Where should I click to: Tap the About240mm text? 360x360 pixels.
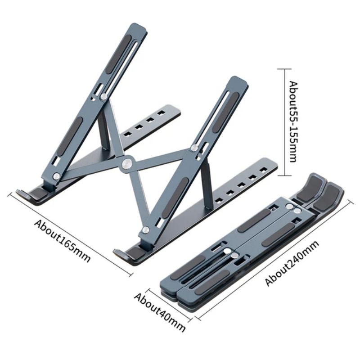click(x=292, y=263)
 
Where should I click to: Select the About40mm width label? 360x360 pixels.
click(x=160, y=310)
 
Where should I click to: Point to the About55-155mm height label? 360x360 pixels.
click(x=293, y=122)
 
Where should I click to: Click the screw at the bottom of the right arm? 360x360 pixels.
click(x=145, y=230)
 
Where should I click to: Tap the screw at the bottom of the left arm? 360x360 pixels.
click(x=55, y=176)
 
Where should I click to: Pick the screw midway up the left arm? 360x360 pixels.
click(x=104, y=96)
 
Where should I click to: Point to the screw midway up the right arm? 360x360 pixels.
click(x=194, y=148)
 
